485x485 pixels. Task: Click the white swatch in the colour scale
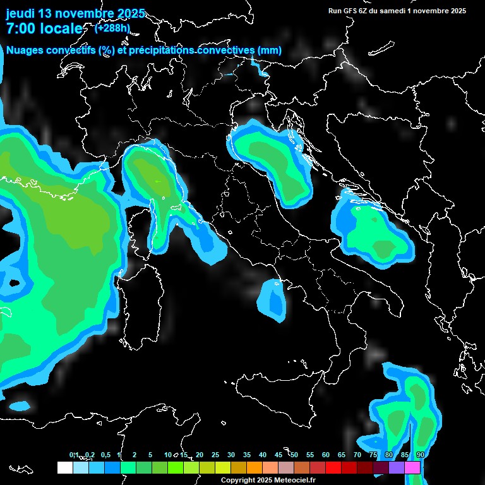[x=65, y=467]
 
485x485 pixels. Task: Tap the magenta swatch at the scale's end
[x=412, y=467]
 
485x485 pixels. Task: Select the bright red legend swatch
[x=333, y=467]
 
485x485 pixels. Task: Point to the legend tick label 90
[x=421, y=455]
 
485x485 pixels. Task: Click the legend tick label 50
[x=294, y=455]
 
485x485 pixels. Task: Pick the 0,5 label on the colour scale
[x=105, y=455]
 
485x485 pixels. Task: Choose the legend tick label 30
[x=231, y=455]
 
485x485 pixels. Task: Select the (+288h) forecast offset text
[x=112, y=28]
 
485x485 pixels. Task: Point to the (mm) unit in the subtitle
[x=269, y=51]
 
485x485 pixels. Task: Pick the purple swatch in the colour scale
[x=397, y=467]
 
